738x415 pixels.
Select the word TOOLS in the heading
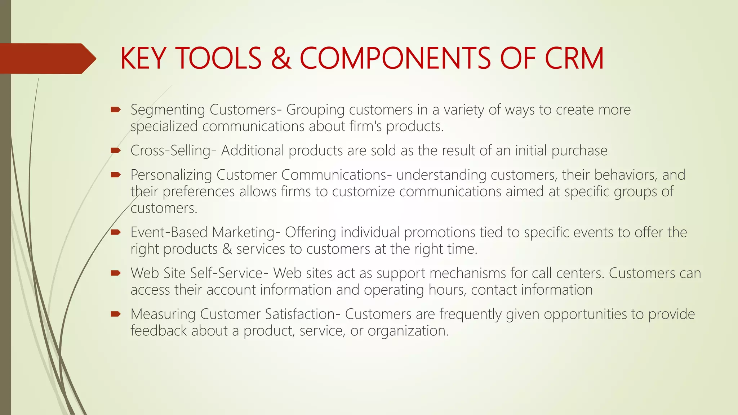coord(218,58)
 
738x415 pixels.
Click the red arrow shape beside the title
coord(47,58)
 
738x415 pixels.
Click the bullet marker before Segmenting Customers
coord(116,110)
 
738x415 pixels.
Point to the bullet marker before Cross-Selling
coord(116,150)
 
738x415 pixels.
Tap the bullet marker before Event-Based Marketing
coord(116,232)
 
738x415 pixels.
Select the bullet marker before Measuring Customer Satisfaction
coord(116,314)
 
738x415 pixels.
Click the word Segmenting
coord(168,110)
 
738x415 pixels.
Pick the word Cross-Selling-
coord(173,151)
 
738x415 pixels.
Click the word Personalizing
coord(171,175)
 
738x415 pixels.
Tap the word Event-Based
coord(169,232)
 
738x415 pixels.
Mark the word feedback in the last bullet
coord(159,331)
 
